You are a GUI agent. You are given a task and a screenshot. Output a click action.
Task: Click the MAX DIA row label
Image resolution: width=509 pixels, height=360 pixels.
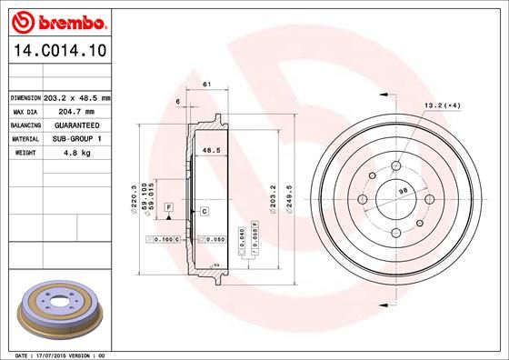click(25, 111)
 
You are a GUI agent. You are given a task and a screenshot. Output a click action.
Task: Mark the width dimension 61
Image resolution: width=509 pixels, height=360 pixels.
click(206, 85)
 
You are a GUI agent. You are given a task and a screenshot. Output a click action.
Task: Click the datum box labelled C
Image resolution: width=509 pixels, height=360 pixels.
click(205, 211)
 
